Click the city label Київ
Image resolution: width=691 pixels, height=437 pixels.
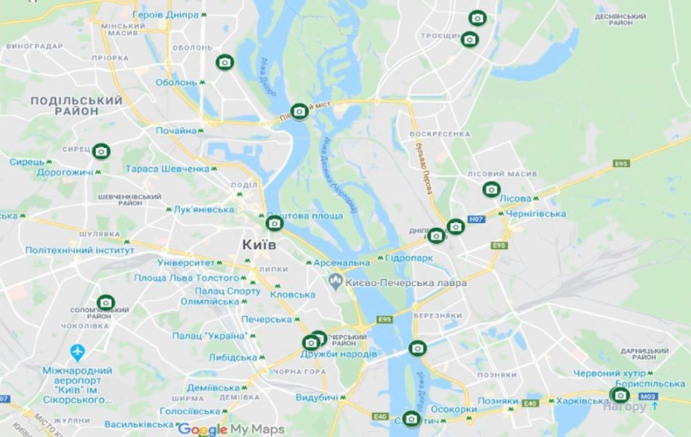click(259, 245)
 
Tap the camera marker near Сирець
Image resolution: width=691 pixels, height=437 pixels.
click(101, 151)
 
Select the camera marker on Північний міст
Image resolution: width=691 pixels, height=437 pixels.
click(299, 112)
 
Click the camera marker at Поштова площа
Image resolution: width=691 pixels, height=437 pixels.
click(274, 224)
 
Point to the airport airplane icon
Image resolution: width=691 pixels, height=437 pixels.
click(77, 352)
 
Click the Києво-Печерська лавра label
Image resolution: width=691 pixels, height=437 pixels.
click(406, 283)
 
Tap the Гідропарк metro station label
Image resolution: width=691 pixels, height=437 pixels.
click(408, 259)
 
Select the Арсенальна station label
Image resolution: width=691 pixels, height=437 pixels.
click(342, 262)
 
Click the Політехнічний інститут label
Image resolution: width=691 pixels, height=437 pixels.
click(80, 251)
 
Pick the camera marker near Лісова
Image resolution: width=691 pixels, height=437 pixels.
click(491, 190)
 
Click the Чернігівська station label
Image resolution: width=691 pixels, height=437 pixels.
click(536, 213)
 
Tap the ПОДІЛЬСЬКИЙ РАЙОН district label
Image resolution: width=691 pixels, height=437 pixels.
click(76, 106)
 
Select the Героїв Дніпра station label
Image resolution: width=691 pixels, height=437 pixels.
click(166, 15)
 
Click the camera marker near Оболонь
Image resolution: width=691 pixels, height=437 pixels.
click(225, 62)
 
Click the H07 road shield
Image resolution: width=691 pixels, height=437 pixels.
click(476, 219)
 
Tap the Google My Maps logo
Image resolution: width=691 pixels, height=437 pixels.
click(231, 429)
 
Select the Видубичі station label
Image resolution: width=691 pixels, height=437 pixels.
click(317, 398)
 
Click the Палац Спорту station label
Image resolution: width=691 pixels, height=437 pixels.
click(227, 291)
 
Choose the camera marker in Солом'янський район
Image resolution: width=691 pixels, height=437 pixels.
click(106, 303)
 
